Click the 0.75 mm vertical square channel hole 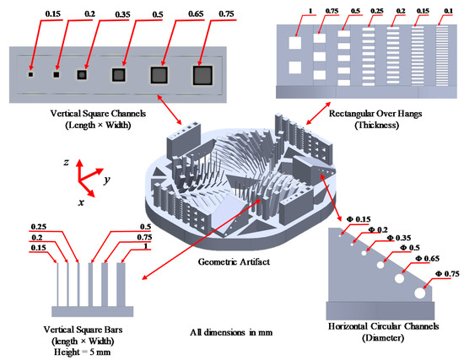pyautogui.click(x=202, y=75)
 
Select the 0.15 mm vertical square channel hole pyautogui.click(x=30, y=74)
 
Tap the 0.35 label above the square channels pyautogui.click(x=122, y=14)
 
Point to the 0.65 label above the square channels pyautogui.click(x=196, y=13)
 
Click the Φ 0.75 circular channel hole pyautogui.click(x=420, y=293)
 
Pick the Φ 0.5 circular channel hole pyautogui.click(x=380, y=265)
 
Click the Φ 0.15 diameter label pyautogui.click(x=358, y=219)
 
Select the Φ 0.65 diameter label pyautogui.click(x=428, y=259)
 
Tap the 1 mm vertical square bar pyautogui.click(x=121, y=285)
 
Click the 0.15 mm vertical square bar pyautogui.click(x=57, y=285)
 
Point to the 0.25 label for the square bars pyautogui.click(x=39, y=227)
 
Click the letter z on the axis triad pyautogui.click(x=66, y=162)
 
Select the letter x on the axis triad pyautogui.click(x=81, y=202)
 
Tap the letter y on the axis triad pyautogui.click(x=107, y=180)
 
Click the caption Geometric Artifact pyautogui.click(x=234, y=262)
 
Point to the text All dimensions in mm pyautogui.click(x=231, y=332)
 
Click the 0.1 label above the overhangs pyautogui.click(x=449, y=11)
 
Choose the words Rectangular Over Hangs pyautogui.click(x=375, y=113)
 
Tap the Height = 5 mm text pyautogui.click(x=83, y=352)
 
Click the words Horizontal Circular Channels pyautogui.click(x=383, y=326)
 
